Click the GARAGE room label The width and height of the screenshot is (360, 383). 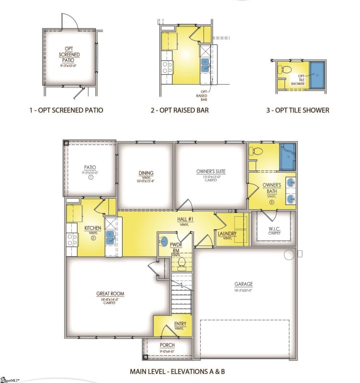pyautogui.click(x=243, y=283)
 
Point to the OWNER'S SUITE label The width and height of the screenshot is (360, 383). pyautogui.click(x=211, y=171)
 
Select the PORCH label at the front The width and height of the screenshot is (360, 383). pyautogui.click(x=167, y=345)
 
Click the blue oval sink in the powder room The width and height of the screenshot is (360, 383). pyautogui.click(x=164, y=241)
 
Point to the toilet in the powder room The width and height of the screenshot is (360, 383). pyautogui.click(x=181, y=262)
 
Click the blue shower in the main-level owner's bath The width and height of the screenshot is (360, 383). pyautogui.click(x=287, y=156)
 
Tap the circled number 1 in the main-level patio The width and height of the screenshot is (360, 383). pyautogui.click(x=90, y=177)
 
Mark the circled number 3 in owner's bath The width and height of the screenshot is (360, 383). pyautogui.click(x=271, y=202)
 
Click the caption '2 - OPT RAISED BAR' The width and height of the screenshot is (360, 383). pyautogui.click(x=180, y=110)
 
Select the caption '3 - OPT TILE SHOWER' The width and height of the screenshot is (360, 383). pyautogui.click(x=297, y=110)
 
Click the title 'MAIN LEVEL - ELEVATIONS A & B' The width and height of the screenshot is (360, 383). pyautogui.click(x=177, y=371)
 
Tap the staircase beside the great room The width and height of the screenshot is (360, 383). pyautogui.click(x=181, y=293)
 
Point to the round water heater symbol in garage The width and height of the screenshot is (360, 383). pyautogui.click(x=289, y=254)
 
